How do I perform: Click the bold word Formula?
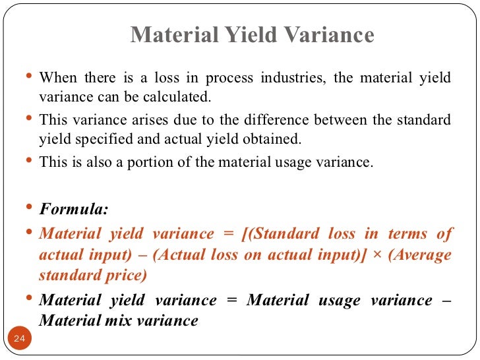click(x=74, y=210)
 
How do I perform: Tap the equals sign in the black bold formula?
click(x=231, y=301)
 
